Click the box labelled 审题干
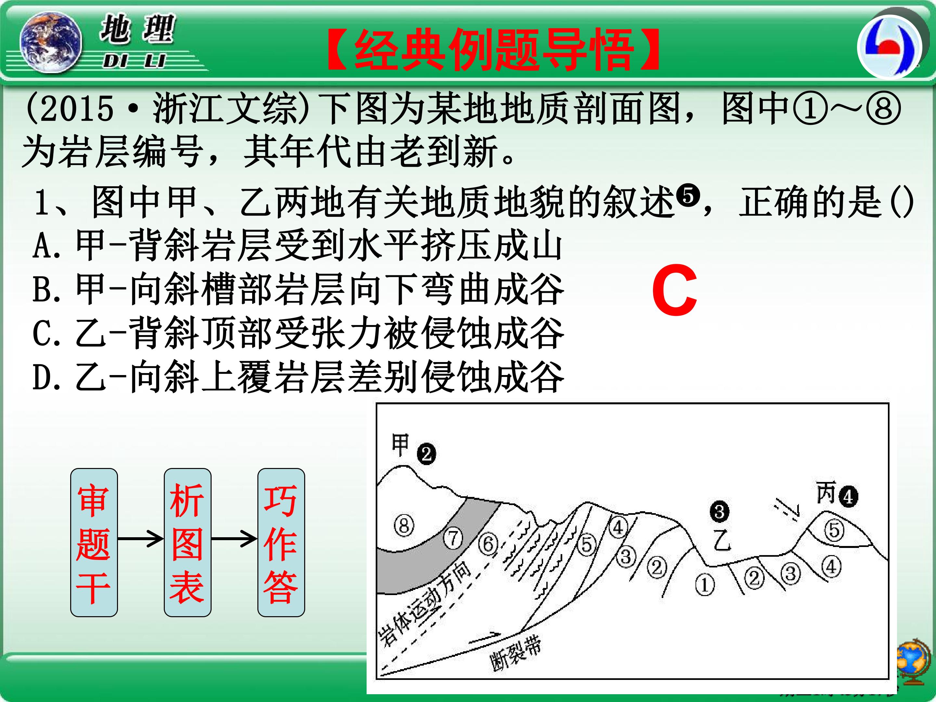click(x=94, y=542)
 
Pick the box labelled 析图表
click(x=188, y=542)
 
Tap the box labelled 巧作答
click(x=281, y=542)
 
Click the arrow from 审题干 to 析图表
click(x=140, y=539)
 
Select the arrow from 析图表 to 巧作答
click(x=234, y=539)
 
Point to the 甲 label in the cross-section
click(x=400, y=445)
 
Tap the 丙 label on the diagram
click(x=826, y=493)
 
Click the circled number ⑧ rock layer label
click(x=404, y=526)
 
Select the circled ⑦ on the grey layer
click(x=453, y=538)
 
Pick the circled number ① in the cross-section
click(x=705, y=585)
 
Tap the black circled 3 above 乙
click(x=719, y=512)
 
